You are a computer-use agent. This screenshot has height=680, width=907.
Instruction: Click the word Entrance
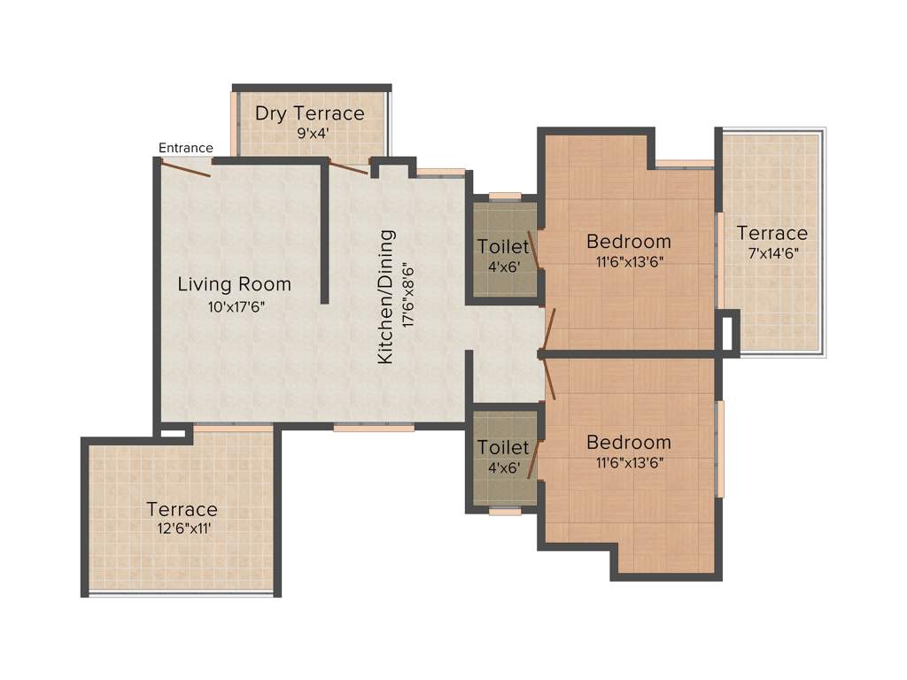pyautogui.click(x=185, y=148)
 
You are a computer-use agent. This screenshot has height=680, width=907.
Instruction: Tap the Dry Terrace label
pyautogui.click(x=309, y=113)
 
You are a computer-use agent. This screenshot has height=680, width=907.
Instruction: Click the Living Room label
pyautogui.click(x=234, y=284)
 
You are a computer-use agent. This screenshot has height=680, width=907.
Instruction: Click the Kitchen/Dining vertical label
pyautogui.click(x=386, y=297)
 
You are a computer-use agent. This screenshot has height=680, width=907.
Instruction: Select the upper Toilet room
pyautogui.click(x=503, y=252)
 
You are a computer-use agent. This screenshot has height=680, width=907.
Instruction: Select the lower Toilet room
pyautogui.click(x=503, y=456)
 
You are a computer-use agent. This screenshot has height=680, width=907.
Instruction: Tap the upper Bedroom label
pyautogui.click(x=629, y=241)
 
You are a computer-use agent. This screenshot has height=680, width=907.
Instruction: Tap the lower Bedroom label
pyautogui.click(x=629, y=443)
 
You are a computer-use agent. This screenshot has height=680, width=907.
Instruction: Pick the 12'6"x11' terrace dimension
pyautogui.click(x=182, y=529)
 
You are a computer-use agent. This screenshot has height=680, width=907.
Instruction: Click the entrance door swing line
pyautogui.click(x=186, y=168)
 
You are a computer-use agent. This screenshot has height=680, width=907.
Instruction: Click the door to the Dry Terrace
pyautogui.click(x=348, y=167)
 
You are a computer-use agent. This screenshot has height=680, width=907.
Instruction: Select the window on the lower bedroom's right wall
pyautogui.click(x=721, y=448)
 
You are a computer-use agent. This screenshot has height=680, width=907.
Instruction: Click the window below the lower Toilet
pyautogui.click(x=505, y=511)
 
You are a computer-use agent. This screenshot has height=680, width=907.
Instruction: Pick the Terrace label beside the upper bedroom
pyautogui.click(x=772, y=233)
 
